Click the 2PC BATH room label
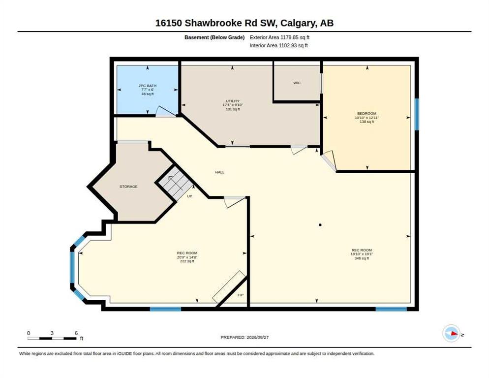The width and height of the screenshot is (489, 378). click(x=148, y=86)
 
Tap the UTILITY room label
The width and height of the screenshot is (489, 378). click(x=233, y=101)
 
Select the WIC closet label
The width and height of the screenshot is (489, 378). click(x=297, y=83)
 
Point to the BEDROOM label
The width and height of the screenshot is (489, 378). click(x=367, y=113)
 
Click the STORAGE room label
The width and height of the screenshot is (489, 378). click(x=128, y=187)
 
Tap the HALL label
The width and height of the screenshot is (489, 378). click(x=219, y=172)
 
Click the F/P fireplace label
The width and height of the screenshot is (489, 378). click(x=241, y=295)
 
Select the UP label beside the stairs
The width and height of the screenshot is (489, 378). click(x=189, y=196)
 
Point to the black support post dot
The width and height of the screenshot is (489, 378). click(x=320, y=225)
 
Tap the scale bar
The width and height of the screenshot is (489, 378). click(x=52, y=338)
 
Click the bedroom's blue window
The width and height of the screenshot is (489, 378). click(x=417, y=114)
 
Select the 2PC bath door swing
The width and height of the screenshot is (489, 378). click(x=165, y=112)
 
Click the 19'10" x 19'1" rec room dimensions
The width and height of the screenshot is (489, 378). click(x=362, y=254)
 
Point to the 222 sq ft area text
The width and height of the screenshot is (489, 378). click(x=187, y=261)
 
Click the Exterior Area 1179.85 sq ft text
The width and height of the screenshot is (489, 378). click(x=279, y=37)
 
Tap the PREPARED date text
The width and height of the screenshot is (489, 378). click(x=244, y=338)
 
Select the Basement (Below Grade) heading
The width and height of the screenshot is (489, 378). click(x=214, y=37)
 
